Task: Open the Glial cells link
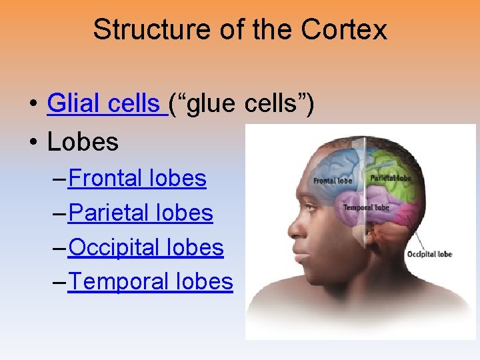[105, 104]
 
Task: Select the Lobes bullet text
[83, 141]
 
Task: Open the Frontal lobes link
[137, 178]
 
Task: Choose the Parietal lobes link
[141, 213]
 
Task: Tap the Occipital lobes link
[146, 247]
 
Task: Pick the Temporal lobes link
[151, 282]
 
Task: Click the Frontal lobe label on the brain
[333, 181]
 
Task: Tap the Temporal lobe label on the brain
[366, 208]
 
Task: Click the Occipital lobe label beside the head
[429, 254]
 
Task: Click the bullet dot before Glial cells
[32, 105]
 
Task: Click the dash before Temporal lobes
[58, 283]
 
